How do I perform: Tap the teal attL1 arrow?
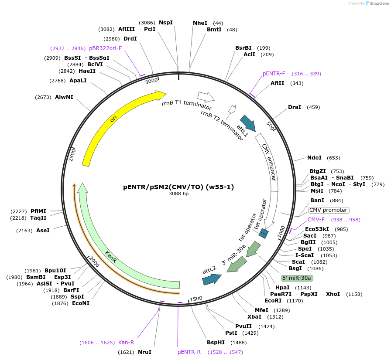[247, 123]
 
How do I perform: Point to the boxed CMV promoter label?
[328, 210]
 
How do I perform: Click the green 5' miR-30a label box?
[297, 278]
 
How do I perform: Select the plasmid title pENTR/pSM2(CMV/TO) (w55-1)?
[178, 187]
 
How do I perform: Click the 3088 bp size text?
[178, 194]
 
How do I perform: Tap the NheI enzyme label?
[200, 23]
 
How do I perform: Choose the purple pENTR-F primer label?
[274, 74]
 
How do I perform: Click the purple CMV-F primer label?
[316, 220]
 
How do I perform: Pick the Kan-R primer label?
[126, 343]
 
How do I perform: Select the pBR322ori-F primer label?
[105, 48]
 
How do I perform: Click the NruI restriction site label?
[144, 352]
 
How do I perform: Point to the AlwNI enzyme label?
[64, 97]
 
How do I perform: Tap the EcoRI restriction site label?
[273, 300]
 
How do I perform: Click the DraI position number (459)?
[313, 107]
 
